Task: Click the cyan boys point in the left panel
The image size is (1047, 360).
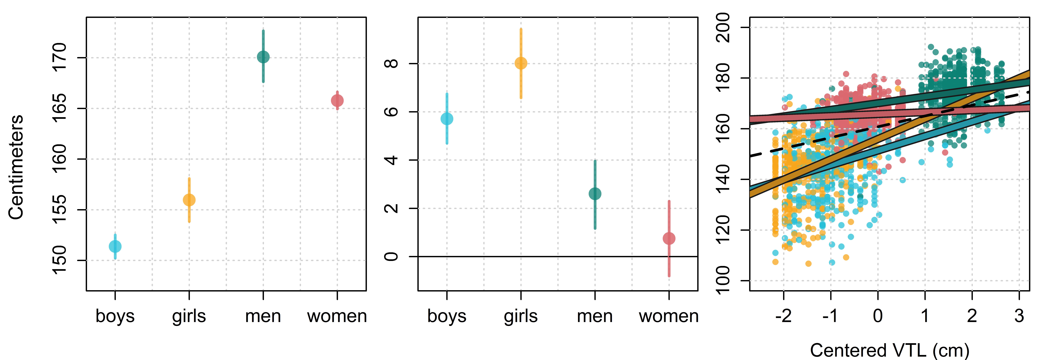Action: point(115,246)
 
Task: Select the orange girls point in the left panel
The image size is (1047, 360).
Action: point(189,200)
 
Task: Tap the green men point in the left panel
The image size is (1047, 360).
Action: point(263,57)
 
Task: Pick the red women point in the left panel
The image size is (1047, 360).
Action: point(337,100)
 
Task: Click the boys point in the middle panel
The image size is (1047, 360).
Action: point(447,119)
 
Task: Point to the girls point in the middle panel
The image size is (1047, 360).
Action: point(521,63)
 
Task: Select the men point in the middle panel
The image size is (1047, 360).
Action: point(595,194)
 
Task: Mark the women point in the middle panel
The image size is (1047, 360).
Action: point(669,238)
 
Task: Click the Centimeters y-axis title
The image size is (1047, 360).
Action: point(16,167)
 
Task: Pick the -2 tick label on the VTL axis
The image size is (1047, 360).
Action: point(783,316)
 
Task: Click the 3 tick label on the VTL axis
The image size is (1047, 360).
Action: point(1019,316)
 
